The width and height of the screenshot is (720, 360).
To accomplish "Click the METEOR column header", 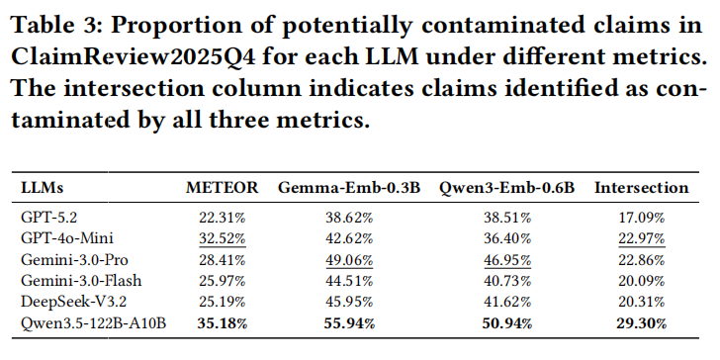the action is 223,187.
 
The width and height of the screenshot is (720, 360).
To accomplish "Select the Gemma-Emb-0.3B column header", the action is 348,187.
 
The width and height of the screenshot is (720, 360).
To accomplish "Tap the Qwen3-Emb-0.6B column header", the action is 507,188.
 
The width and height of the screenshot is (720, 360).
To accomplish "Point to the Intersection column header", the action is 642,187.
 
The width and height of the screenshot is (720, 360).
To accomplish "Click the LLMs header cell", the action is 43,187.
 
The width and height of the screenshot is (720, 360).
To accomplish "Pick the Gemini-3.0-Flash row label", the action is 81,281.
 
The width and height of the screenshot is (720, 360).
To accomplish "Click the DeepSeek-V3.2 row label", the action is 73,302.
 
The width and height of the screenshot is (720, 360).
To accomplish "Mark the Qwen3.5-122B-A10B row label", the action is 93,322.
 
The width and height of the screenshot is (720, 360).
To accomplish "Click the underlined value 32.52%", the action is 223,238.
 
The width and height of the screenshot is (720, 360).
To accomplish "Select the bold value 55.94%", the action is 349,322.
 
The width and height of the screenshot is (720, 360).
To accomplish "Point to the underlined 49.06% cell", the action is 349,260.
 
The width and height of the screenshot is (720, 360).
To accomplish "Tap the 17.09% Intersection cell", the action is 642,218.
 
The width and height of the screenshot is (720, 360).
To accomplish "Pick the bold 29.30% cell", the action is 642,322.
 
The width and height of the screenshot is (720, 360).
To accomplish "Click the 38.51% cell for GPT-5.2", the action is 507,218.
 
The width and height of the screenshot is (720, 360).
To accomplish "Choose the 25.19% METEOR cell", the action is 223,302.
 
